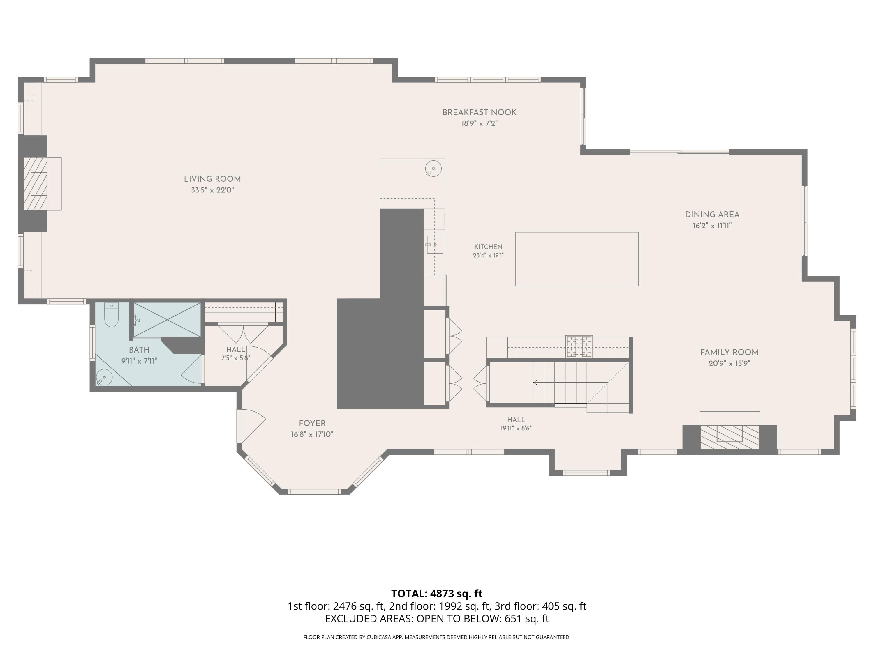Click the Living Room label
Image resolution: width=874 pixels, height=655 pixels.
pyautogui.click(x=212, y=179)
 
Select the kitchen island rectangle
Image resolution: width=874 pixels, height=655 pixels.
pyautogui.click(x=577, y=259)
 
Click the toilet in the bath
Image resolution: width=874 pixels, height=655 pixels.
pyautogui.click(x=111, y=315)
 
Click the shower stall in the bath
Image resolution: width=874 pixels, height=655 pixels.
pyautogui.click(x=167, y=320)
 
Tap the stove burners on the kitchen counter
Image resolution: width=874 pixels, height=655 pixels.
pyautogui.click(x=579, y=346)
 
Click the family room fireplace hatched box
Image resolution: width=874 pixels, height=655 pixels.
pyautogui.click(x=730, y=437)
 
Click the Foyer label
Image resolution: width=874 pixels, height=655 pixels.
pyautogui.click(x=312, y=423)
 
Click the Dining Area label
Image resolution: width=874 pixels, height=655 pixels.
pyautogui.click(x=712, y=215)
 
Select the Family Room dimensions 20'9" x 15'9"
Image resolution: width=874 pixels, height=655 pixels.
pyautogui.click(x=729, y=363)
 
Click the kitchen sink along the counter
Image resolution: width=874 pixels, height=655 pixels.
pyautogui.click(x=434, y=245)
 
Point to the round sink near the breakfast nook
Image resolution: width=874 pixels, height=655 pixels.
pyautogui.click(x=434, y=169)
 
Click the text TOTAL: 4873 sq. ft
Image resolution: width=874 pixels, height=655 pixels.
pyautogui.click(x=437, y=593)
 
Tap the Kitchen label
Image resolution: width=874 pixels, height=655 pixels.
pyautogui.click(x=488, y=247)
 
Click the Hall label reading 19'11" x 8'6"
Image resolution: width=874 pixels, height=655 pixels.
pyautogui.click(x=516, y=424)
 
